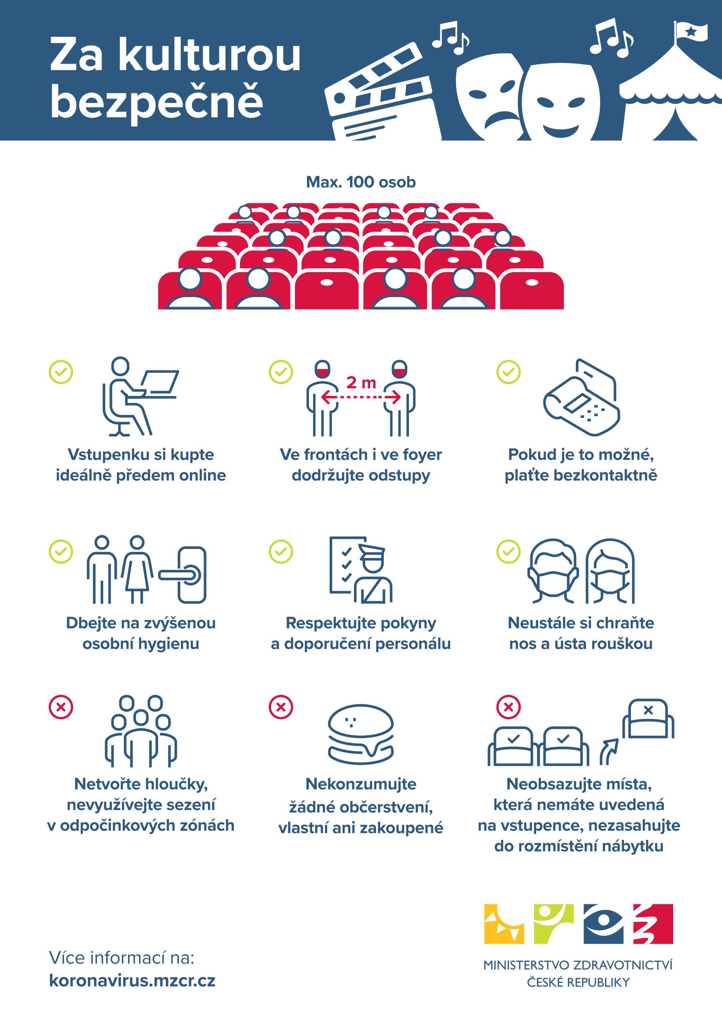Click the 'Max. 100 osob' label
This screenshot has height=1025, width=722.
point(361,182)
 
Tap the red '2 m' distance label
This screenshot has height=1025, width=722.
point(361,383)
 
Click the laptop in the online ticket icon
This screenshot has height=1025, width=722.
point(160,382)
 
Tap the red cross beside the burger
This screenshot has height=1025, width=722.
point(281,707)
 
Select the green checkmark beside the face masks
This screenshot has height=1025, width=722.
point(508,552)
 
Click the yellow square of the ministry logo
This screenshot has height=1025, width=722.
point(504,924)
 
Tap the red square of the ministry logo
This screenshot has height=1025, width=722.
point(653,924)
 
